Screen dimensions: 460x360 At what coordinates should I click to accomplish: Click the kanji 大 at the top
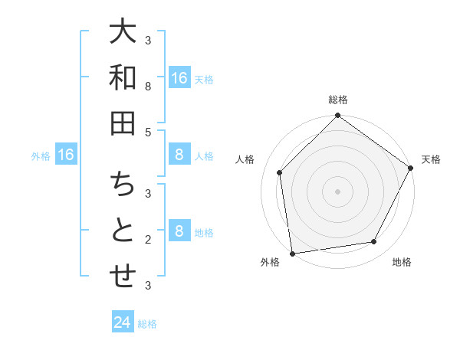click(x=123, y=33)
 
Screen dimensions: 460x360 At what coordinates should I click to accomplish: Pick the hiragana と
click(x=123, y=231)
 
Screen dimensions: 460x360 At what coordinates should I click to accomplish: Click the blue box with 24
click(x=123, y=322)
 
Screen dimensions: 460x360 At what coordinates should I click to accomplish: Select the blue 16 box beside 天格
click(x=179, y=77)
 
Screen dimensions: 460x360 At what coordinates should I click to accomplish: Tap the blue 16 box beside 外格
click(x=66, y=155)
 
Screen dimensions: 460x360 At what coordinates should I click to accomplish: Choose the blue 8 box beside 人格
click(x=179, y=155)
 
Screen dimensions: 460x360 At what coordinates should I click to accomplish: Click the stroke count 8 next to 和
click(x=148, y=87)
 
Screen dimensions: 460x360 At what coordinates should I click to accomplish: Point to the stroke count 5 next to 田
click(x=148, y=132)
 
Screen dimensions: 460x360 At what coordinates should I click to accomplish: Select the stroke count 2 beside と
click(x=148, y=240)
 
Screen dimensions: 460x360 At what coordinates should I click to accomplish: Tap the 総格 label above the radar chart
click(x=337, y=100)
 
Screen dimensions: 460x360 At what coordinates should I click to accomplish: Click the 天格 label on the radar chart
click(x=431, y=159)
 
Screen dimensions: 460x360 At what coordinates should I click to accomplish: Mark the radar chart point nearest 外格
click(x=292, y=253)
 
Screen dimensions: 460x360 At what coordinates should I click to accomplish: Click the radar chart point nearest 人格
click(x=280, y=172)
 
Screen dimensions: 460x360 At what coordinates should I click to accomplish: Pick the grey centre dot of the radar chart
click(x=337, y=191)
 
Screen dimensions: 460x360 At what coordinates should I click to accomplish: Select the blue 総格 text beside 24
click(x=147, y=324)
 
